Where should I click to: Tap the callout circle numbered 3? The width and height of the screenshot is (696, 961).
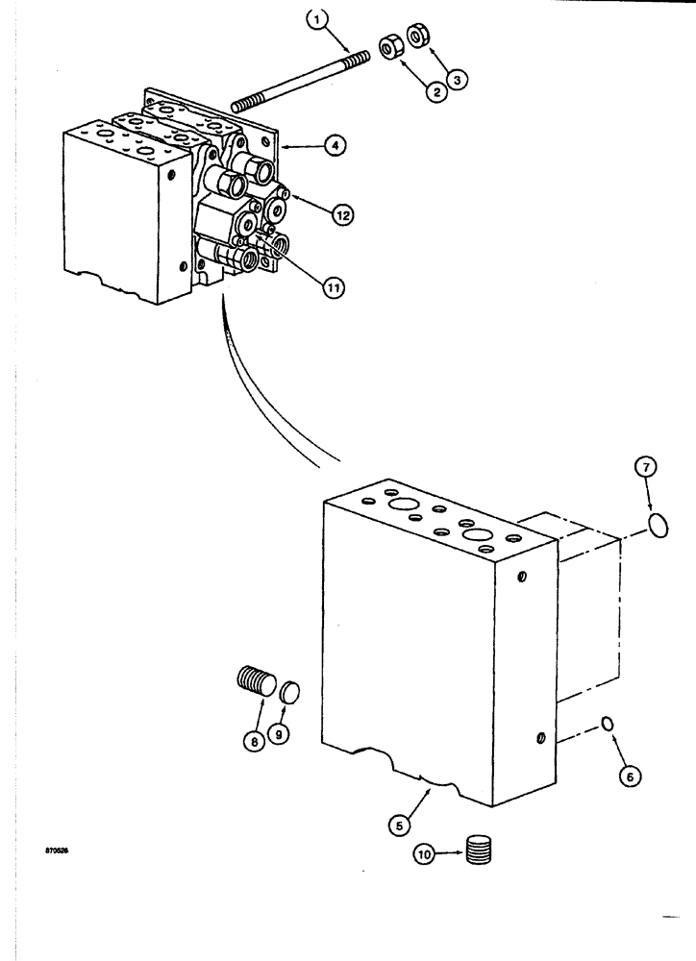pos(460,81)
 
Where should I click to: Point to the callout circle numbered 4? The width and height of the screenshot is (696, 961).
pos(335,146)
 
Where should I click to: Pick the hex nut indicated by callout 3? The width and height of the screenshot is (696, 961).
pos(420,37)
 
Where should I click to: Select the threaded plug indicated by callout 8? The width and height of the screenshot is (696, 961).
pos(255,690)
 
